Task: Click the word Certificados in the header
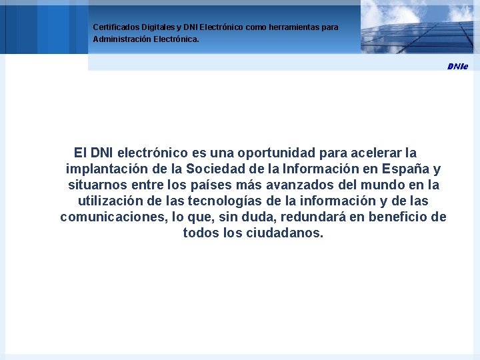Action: [115, 27]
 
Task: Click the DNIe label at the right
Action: [457, 66]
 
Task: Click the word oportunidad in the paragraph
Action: [239, 153]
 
